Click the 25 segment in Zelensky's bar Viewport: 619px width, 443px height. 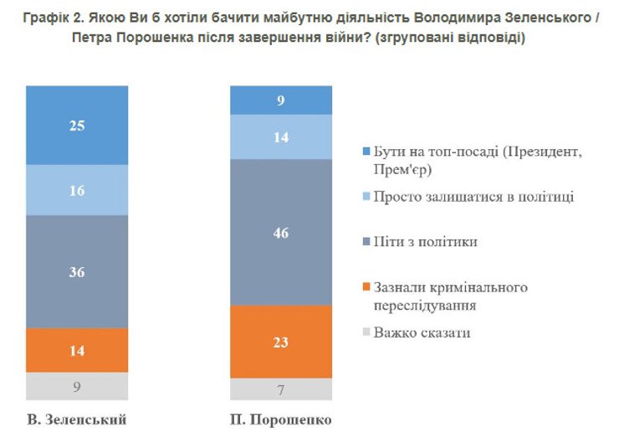click(77, 126)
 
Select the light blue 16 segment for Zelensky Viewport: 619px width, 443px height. click(77, 190)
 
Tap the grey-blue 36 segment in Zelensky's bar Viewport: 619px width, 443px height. click(77, 271)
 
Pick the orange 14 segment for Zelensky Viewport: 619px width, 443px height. click(77, 350)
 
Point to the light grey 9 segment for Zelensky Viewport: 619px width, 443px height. click(77, 387)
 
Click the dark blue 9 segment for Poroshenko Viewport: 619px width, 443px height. click(280, 100)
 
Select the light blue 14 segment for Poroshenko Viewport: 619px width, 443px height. click(280, 137)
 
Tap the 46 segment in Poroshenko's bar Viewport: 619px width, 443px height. click(280, 232)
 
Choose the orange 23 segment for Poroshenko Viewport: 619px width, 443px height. click(280, 342)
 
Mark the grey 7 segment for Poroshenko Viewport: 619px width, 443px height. click(280, 389)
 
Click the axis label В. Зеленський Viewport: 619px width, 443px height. click(77, 419)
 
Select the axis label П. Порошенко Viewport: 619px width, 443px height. click(280, 419)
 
